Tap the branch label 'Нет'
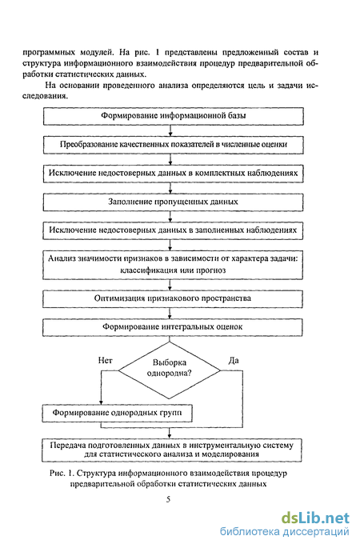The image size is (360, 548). pos(105,360)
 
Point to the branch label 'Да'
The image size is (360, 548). pos(234,360)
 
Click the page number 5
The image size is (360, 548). pos(169,499)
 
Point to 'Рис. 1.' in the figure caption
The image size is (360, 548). pos(62,474)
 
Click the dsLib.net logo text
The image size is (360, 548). pos(315,518)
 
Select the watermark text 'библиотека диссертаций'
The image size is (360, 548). pos(285,532)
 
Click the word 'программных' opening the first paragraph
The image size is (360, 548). pos(49,53)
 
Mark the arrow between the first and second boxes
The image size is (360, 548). pos(170,130)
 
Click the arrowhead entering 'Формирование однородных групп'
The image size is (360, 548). pos(101,402)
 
